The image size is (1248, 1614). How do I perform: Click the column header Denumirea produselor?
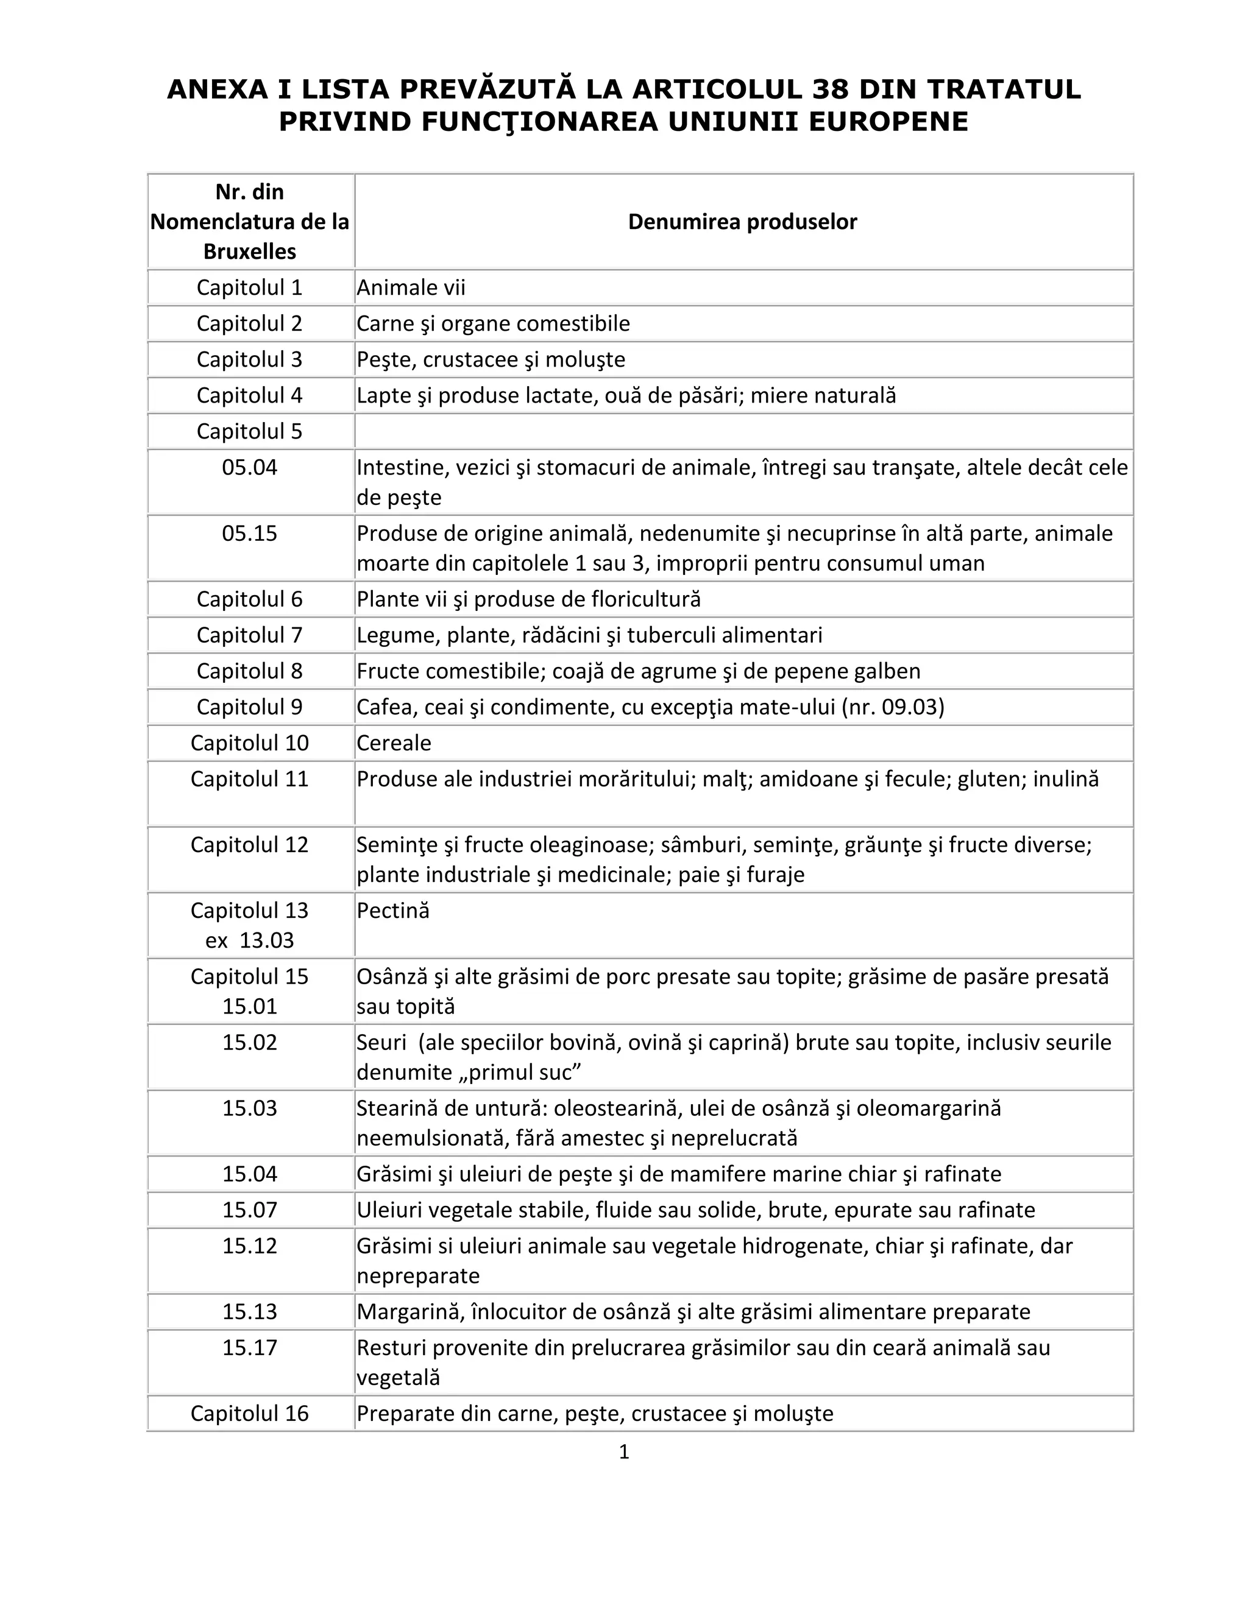point(742,222)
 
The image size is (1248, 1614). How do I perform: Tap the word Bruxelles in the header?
point(249,252)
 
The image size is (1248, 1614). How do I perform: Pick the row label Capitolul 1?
point(249,287)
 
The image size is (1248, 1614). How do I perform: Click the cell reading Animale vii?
point(411,287)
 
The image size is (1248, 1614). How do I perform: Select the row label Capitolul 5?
point(249,432)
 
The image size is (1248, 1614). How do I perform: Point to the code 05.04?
point(249,468)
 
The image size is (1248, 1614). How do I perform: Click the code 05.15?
point(249,534)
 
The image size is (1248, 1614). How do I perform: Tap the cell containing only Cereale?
point(394,742)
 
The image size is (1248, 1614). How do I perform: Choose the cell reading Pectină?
point(392,911)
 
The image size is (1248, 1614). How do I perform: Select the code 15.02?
point(249,1043)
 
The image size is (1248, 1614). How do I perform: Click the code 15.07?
point(249,1210)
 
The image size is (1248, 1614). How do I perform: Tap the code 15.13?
point(249,1312)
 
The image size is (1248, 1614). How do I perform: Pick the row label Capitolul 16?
point(249,1414)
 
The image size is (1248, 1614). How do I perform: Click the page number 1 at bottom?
point(623,1452)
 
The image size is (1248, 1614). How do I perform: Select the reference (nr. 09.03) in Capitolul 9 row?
point(893,707)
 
